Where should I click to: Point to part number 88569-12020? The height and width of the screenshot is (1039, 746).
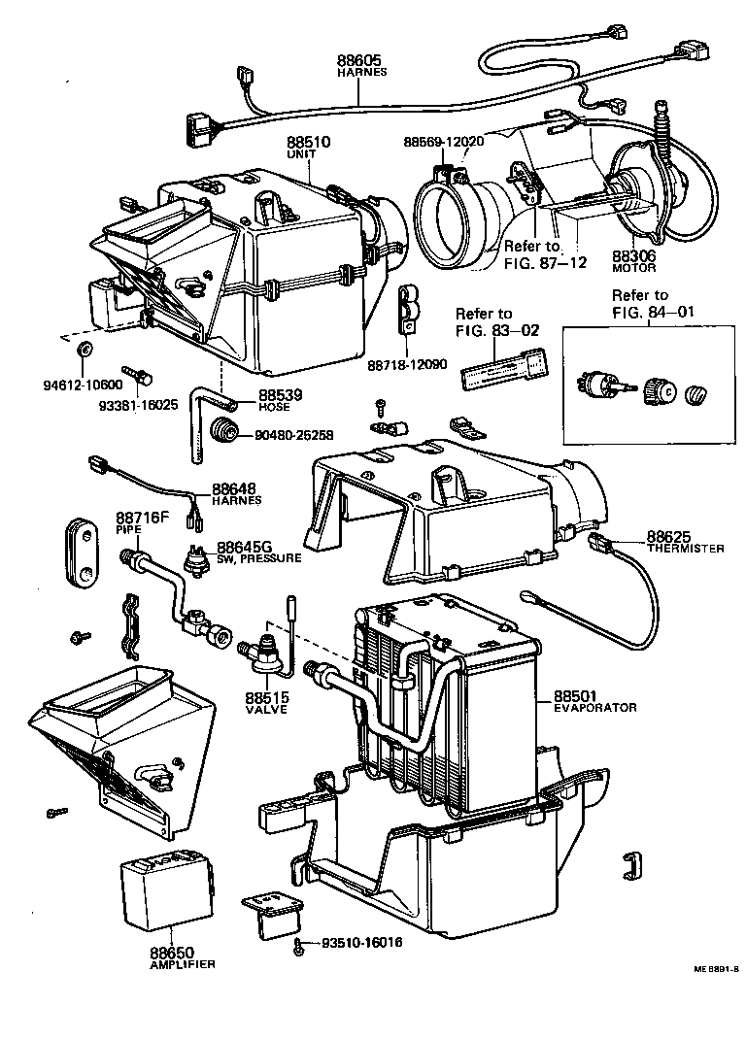coord(443,143)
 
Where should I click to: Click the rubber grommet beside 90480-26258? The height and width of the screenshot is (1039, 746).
coord(226,433)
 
